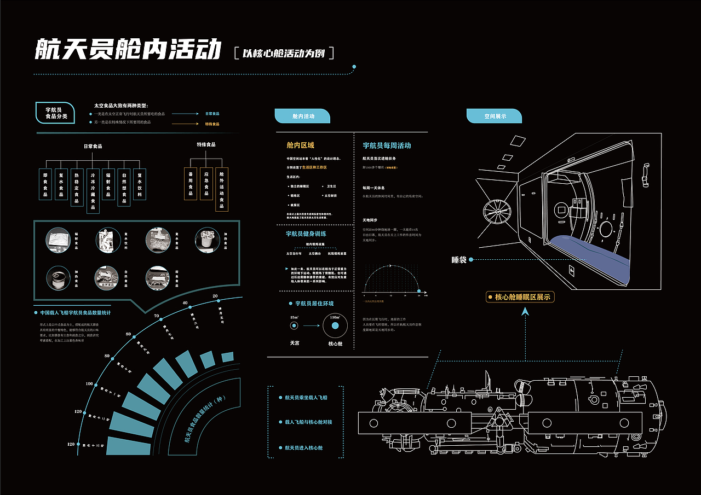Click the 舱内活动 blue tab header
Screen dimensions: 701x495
[x=302, y=116]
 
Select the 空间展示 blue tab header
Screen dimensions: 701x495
[x=494, y=116]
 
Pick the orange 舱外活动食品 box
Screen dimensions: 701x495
[x=222, y=189]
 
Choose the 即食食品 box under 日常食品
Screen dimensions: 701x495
[x=45, y=184]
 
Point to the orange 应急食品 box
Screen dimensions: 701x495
[x=206, y=183]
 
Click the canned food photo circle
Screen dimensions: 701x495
[x=58, y=278]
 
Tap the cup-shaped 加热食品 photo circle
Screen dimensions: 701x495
[x=208, y=240]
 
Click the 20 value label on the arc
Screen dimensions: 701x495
[x=215, y=296]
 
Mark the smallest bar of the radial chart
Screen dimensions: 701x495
[x=227, y=357]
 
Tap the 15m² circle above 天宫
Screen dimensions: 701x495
[x=294, y=326]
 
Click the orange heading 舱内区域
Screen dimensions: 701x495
[x=300, y=145]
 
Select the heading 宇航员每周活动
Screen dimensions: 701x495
[x=387, y=146]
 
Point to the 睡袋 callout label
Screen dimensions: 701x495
[x=458, y=260]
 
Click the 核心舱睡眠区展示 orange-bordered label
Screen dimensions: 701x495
[x=521, y=297]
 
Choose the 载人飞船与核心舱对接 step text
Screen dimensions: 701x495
[x=308, y=422]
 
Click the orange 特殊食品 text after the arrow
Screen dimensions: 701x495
[x=212, y=124]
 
